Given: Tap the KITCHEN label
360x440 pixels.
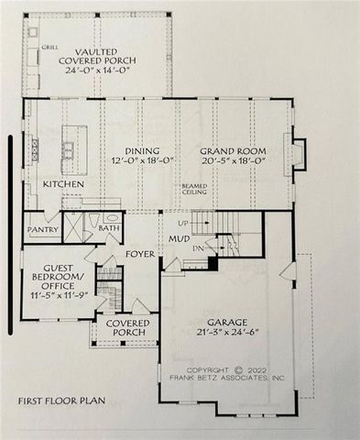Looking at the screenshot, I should [63, 184].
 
